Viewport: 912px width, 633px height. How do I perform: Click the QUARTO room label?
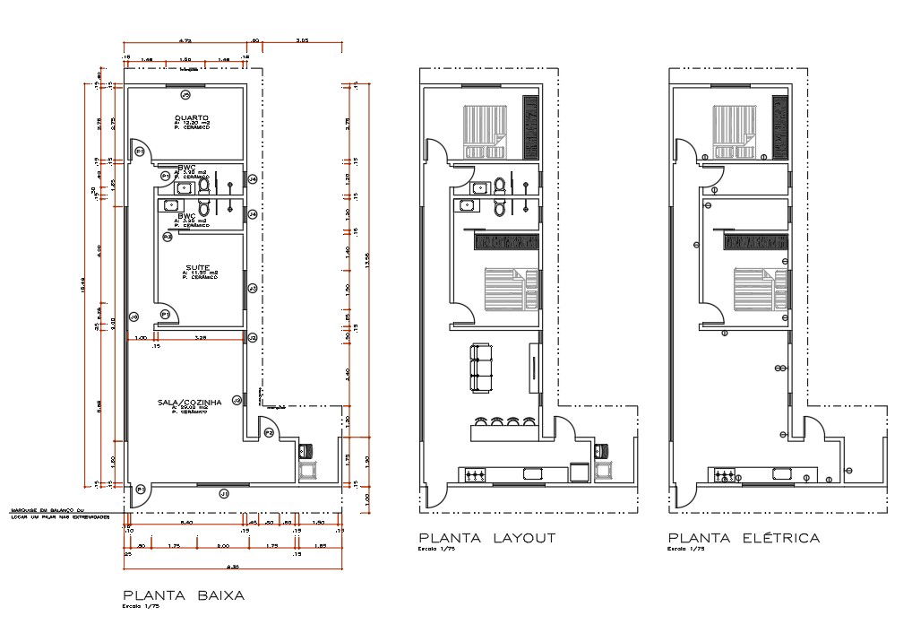tap(191, 117)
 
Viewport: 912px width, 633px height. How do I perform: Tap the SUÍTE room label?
tap(198, 267)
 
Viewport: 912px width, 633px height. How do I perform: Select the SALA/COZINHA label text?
tap(192, 403)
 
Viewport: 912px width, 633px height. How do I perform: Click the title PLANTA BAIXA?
tap(183, 594)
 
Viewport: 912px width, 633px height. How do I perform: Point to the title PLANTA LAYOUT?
tap(486, 538)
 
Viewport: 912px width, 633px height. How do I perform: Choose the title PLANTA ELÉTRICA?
tap(743, 538)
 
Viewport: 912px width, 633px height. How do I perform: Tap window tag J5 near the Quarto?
tap(185, 94)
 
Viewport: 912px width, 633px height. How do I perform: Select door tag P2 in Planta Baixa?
tap(268, 433)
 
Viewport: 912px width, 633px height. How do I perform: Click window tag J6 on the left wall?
tap(133, 316)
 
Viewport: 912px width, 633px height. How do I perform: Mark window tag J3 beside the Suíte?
tap(253, 288)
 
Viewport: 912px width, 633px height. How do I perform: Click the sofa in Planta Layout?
tap(482, 367)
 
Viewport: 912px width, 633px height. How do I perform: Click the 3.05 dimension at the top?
tap(302, 40)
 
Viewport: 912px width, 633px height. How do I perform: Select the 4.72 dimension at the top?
tap(185, 40)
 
